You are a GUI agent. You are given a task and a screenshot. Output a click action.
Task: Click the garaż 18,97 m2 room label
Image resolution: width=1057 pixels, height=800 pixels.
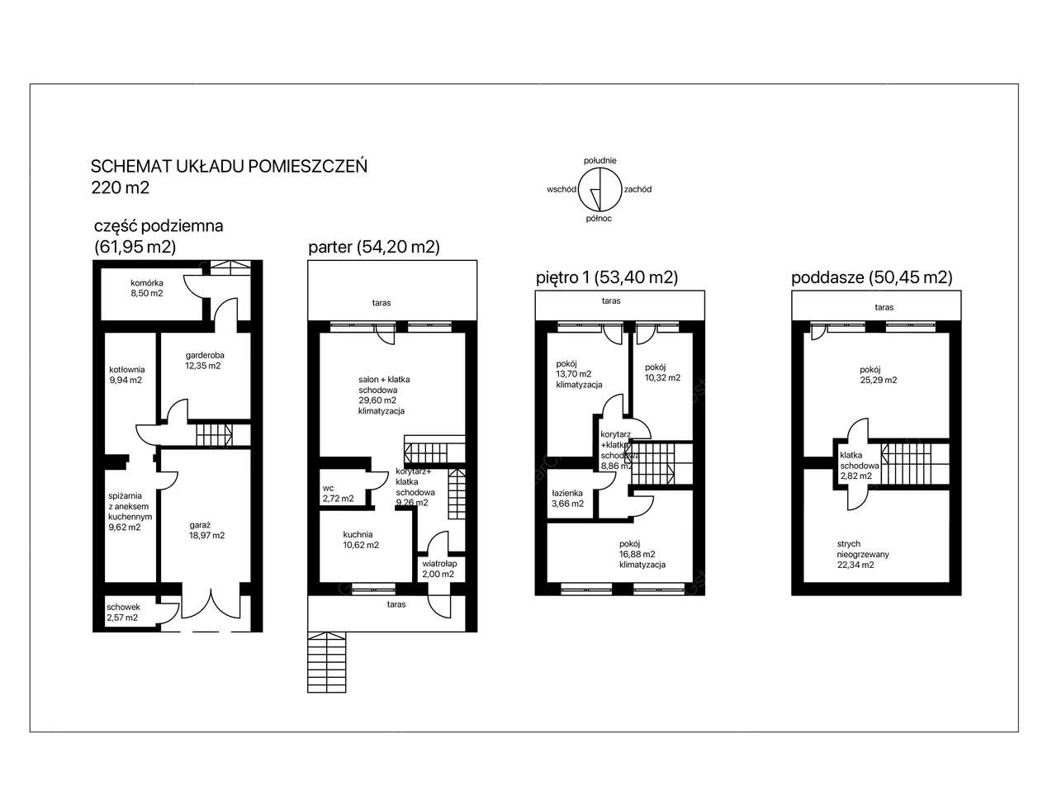click(206, 530)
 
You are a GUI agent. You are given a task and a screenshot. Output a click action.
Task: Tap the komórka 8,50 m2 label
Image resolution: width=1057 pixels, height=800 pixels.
click(146, 288)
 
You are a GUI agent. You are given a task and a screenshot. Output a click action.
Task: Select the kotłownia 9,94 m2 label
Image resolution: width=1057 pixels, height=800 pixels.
click(126, 375)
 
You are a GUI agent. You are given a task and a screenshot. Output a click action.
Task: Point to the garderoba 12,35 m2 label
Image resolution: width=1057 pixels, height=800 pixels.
click(204, 360)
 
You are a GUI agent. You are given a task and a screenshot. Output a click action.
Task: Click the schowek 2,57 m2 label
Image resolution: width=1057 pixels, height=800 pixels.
click(123, 613)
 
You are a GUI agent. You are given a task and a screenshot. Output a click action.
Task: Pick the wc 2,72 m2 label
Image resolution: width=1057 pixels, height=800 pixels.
click(338, 494)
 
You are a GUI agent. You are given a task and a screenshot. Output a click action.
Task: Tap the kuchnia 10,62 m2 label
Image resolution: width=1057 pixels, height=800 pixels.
click(361, 540)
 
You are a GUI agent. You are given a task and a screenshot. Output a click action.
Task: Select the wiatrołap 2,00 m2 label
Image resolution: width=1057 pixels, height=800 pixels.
click(438, 569)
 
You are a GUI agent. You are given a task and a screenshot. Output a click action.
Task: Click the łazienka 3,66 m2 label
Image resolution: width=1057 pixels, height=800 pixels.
click(567, 498)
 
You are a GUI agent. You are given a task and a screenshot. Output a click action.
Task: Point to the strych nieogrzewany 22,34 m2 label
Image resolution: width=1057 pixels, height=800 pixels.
click(863, 554)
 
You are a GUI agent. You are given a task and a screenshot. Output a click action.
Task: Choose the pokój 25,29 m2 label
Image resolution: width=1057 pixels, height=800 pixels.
click(879, 375)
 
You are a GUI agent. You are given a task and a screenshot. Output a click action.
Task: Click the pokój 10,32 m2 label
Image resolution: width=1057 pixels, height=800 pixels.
click(662, 372)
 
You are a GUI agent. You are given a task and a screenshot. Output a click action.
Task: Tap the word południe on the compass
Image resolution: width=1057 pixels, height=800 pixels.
click(600, 160)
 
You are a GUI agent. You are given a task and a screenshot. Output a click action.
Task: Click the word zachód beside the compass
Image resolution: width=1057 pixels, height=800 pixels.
click(638, 189)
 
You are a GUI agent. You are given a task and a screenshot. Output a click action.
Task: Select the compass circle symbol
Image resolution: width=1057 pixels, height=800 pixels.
click(600, 189)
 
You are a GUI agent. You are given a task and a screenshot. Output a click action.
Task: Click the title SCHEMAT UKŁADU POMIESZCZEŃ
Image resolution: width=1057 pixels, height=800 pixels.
click(229, 166)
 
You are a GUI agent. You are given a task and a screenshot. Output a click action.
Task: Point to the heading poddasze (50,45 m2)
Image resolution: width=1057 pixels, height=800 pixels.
click(871, 277)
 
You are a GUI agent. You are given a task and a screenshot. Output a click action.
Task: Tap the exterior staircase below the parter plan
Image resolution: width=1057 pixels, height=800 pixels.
click(326, 661)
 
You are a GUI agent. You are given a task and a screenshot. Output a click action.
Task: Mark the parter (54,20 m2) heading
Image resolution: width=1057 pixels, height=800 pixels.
click(374, 247)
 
